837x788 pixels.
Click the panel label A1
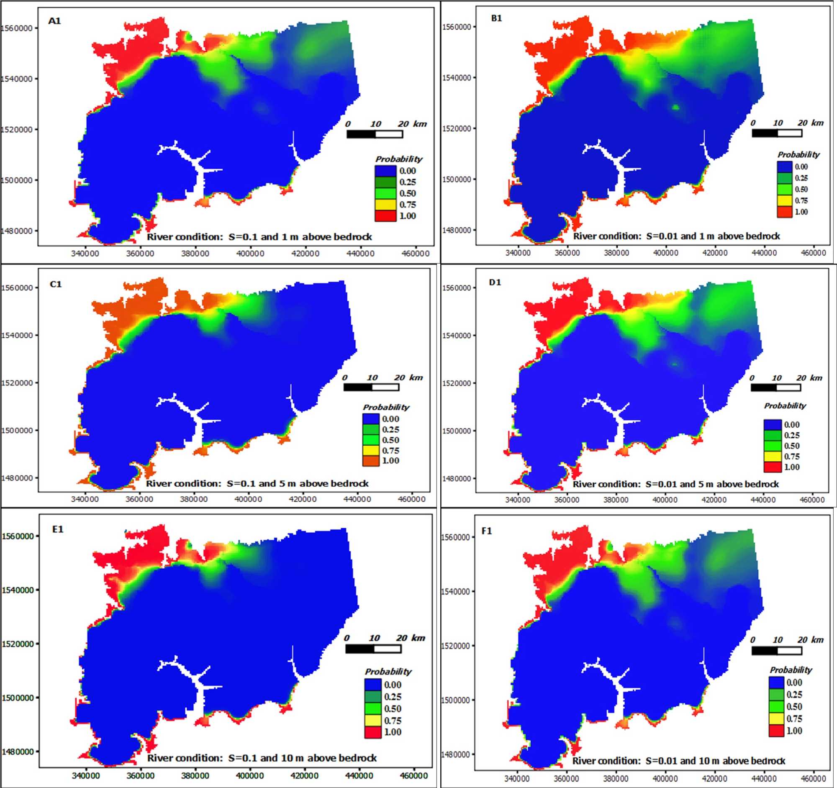(x=55, y=21)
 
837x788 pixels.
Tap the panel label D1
(x=495, y=282)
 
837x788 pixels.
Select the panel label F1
(x=487, y=531)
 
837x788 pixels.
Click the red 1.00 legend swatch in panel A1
(x=385, y=216)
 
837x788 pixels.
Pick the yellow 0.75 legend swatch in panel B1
(x=784, y=201)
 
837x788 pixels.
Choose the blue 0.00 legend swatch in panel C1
(x=371, y=419)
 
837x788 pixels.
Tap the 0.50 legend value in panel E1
(x=393, y=709)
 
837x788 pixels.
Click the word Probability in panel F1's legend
(x=791, y=670)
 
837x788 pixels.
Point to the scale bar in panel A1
(x=375, y=134)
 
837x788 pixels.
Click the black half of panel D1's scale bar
(x=764, y=388)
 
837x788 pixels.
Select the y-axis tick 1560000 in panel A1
(x=17, y=28)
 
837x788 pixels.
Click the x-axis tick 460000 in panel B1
(x=813, y=253)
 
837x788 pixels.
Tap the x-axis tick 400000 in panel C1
(x=248, y=499)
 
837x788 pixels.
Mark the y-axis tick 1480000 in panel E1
(x=17, y=751)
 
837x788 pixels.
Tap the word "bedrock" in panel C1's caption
(x=352, y=483)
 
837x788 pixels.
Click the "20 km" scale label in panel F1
(x=810, y=640)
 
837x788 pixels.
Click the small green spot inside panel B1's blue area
(x=676, y=107)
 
